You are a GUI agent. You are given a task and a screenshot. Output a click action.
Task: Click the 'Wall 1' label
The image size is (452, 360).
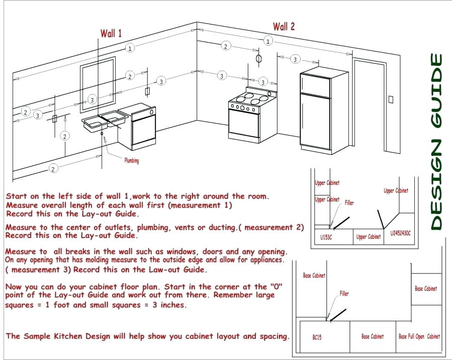tap(111, 34)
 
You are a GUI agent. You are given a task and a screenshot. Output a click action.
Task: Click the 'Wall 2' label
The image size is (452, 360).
tap(284, 27)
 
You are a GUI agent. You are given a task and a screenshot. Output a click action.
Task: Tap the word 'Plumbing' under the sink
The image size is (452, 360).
tap(131, 161)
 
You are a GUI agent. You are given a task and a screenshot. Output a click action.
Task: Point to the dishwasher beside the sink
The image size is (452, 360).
tap(144, 128)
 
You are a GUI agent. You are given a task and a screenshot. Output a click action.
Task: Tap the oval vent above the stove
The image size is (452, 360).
tap(259, 58)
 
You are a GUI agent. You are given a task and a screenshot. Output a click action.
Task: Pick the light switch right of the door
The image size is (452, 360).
tap(391, 99)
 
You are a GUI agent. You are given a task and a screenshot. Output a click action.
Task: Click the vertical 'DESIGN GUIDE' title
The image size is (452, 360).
tap(436, 142)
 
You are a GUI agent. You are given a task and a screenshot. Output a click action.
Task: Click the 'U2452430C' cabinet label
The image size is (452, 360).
tap(401, 233)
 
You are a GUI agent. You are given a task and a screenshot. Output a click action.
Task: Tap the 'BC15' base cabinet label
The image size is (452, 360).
tap(317, 336)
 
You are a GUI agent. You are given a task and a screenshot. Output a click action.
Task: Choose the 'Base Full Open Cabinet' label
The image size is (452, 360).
tap(419, 336)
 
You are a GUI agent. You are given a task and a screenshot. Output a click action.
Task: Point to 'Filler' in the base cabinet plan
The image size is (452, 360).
tap(344, 294)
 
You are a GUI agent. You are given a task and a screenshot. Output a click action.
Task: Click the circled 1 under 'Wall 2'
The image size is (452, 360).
tap(269, 41)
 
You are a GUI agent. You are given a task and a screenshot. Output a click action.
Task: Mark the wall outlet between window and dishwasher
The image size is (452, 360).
tap(148, 91)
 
